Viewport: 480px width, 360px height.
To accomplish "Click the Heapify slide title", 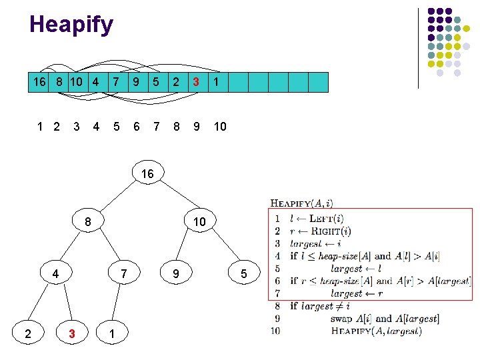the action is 71,25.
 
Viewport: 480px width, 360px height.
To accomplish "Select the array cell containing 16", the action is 38,82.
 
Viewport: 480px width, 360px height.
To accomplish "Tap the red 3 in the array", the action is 196,82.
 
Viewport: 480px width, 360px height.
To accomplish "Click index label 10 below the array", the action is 220,127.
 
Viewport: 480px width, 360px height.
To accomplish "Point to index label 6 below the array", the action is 137,127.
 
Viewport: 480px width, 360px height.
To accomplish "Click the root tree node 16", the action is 148,173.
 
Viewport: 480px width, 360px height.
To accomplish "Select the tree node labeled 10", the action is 200,221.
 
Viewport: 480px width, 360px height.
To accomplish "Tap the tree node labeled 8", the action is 88,221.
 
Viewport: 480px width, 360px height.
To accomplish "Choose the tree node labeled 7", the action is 124,273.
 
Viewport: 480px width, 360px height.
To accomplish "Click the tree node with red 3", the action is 72,333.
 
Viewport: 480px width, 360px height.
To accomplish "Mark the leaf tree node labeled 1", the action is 112,333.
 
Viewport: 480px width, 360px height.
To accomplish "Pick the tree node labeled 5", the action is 244,273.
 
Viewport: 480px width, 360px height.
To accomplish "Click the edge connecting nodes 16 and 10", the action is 180,195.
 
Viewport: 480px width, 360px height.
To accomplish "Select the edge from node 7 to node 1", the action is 116,302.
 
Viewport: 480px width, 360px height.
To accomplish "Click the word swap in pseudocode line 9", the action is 341,319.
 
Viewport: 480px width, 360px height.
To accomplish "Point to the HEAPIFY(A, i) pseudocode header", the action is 301,203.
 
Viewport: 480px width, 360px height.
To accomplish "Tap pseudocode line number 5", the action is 277,269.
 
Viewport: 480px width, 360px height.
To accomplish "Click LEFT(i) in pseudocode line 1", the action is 326,219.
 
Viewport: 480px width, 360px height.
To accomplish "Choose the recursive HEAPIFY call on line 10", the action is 376,331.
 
